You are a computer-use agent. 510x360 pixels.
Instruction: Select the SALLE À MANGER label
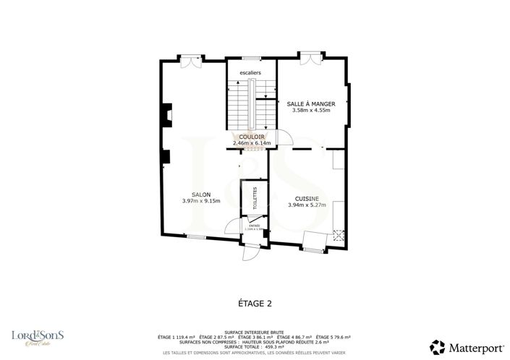pos(310,104)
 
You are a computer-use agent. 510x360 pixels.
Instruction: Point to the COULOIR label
pos(252,137)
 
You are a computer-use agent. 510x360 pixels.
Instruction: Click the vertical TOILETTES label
pos(255,197)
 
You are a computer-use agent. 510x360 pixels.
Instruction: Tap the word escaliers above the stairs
pos(250,73)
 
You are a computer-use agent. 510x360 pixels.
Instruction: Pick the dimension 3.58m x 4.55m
pos(310,111)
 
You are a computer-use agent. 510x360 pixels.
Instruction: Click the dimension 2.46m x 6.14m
pos(252,143)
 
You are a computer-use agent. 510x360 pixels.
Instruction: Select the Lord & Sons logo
pos(38,336)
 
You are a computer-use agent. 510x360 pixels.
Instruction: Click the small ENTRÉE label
pos(255,226)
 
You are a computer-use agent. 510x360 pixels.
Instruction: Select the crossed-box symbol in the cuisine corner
pos(338,234)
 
